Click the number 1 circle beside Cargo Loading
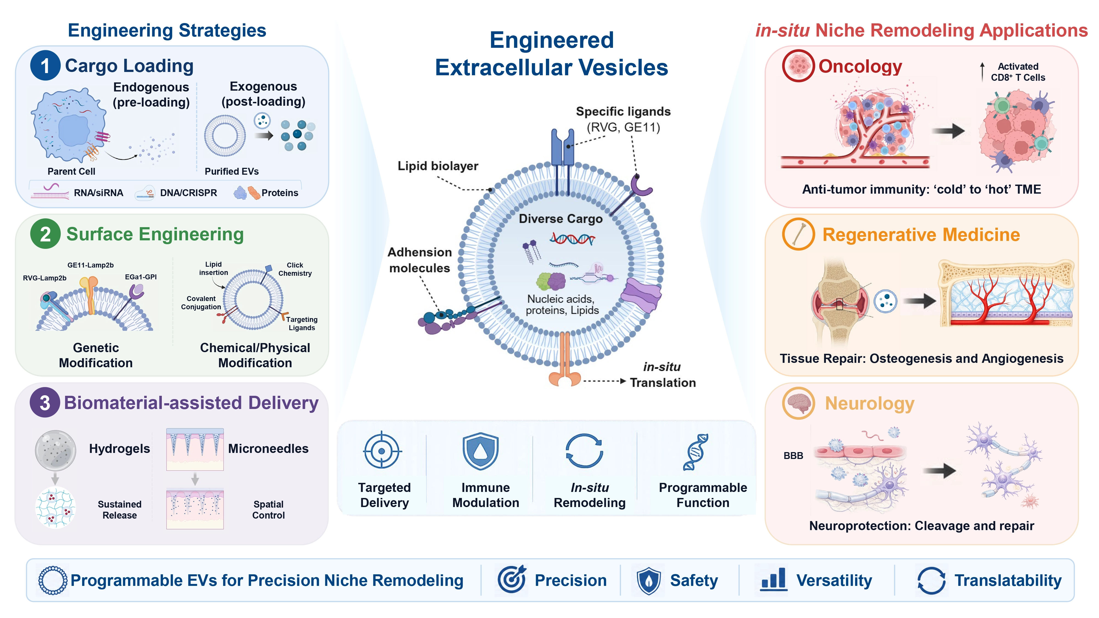coord(45,65)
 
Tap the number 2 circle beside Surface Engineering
coord(45,234)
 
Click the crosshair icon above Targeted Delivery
coord(382,450)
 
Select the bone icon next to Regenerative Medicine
coord(798,234)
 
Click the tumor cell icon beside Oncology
coord(798,66)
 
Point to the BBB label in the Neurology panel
coord(793,455)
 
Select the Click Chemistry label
coord(295,269)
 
